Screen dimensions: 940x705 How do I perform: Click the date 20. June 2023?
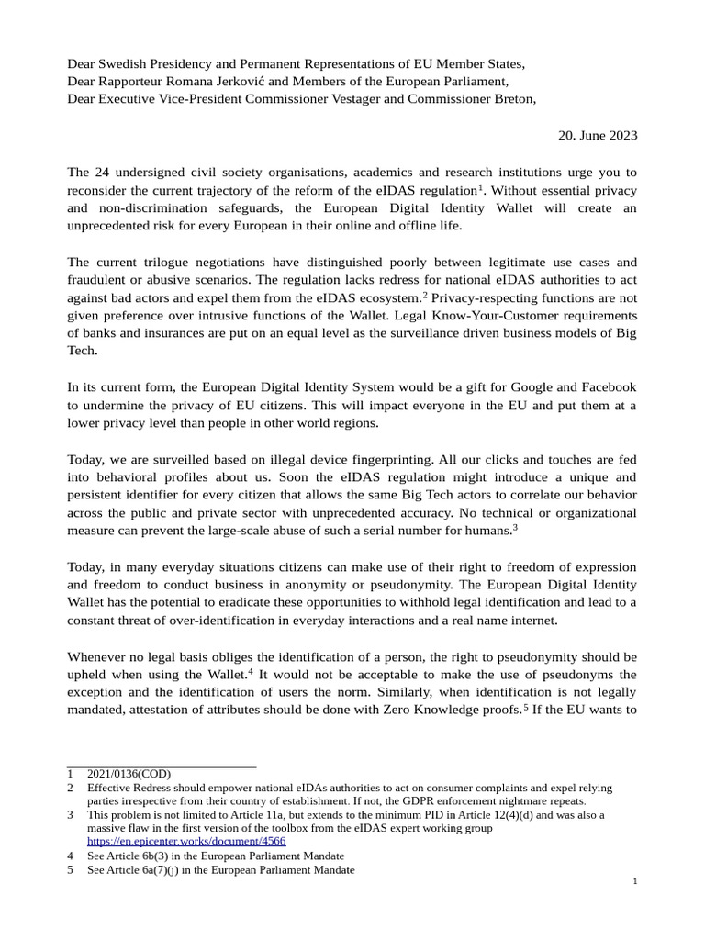point(598,135)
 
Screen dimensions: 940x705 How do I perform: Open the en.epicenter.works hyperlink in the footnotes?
point(186,841)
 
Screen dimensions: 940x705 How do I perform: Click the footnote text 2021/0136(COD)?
point(129,774)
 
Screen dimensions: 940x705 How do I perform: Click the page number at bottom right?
point(634,881)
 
